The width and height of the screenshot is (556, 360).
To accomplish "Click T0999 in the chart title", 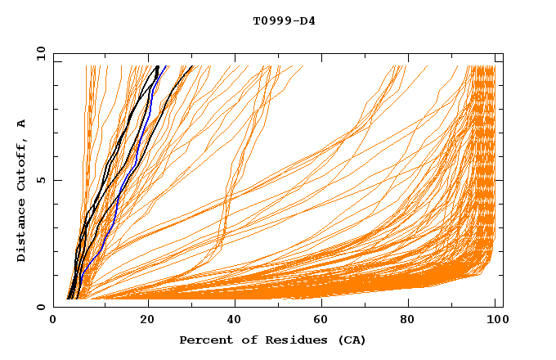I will [270, 20].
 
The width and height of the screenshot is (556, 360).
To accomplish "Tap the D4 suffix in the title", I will [307, 20].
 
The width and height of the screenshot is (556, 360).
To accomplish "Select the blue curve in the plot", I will [117, 205].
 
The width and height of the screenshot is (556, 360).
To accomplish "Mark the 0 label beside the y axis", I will [40, 307].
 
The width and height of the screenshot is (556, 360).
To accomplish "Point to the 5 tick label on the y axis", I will [40, 180].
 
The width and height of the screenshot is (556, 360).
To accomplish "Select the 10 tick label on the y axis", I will [38, 53].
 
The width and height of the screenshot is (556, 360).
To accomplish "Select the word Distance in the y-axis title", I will [22, 232].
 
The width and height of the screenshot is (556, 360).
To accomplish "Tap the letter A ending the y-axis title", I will [22, 124].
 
